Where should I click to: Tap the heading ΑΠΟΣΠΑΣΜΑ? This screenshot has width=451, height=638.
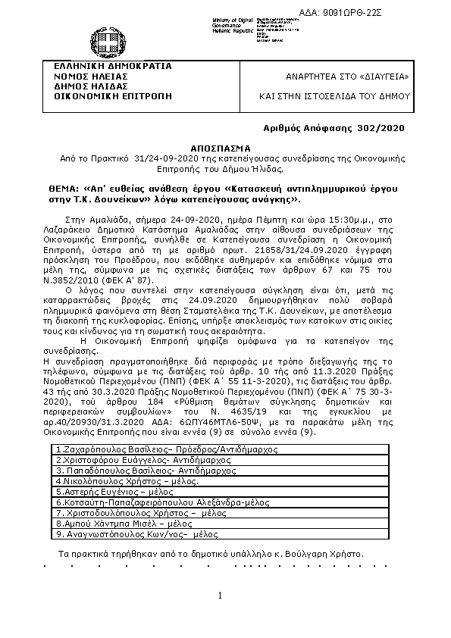tap(226, 149)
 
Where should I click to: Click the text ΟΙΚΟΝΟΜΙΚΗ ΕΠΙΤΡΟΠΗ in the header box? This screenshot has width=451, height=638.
tap(108, 96)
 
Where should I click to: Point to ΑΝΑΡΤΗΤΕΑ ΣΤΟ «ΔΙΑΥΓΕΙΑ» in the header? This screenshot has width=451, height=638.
tap(347, 77)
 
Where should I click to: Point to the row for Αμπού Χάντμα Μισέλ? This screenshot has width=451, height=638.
tap(121, 524)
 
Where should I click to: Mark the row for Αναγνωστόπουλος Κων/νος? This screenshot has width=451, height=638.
tap(136, 534)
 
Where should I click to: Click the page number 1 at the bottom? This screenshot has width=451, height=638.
tap(220, 596)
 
